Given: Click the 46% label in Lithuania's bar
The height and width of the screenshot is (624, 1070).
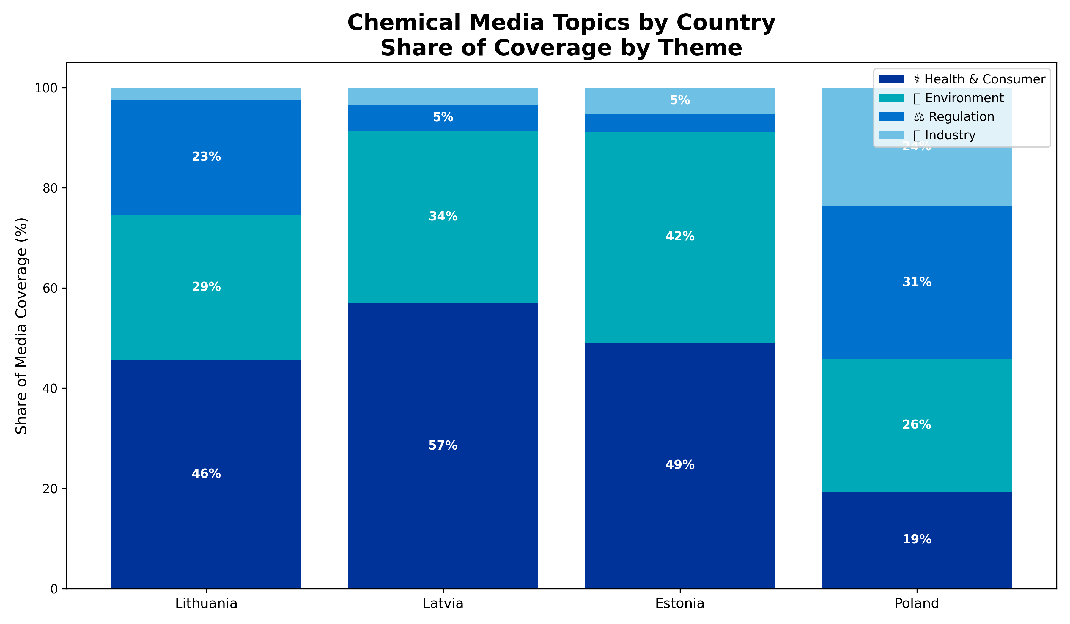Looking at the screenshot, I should [206, 473].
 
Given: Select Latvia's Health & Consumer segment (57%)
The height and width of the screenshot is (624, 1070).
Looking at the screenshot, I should [443, 425].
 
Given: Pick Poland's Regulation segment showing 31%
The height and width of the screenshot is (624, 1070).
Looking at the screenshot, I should [917, 297].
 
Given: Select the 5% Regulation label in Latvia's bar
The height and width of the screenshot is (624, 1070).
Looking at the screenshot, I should [443, 117].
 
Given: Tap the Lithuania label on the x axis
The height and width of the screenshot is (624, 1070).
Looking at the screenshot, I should [206, 603].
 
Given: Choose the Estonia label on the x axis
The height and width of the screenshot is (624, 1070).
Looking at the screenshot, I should [680, 603].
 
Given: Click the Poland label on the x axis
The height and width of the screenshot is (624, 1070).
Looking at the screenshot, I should [917, 603].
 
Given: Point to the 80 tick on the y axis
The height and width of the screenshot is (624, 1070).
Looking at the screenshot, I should [50, 188].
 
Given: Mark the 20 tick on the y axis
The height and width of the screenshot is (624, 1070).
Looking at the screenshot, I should [50, 489].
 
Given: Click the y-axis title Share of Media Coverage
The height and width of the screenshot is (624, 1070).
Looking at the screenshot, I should [21, 326].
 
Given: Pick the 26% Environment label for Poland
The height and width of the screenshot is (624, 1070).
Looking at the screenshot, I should [917, 425].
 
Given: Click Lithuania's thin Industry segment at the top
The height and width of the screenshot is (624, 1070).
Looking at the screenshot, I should [206, 94].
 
